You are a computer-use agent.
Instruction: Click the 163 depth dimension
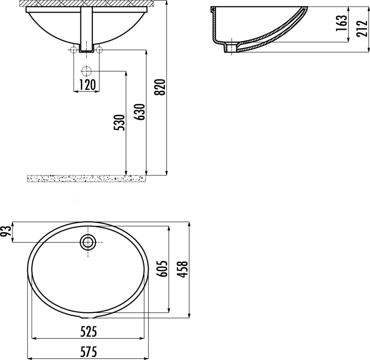(x=340, y=23)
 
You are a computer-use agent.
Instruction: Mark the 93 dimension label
(x=7, y=232)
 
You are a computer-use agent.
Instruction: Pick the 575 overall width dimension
(x=88, y=352)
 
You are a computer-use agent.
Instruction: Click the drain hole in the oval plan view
(x=88, y=242)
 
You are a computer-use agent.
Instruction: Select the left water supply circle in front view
(x=74, y=50)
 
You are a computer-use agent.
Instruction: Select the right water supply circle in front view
(x=100, y=50)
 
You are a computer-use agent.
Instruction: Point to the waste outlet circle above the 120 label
(x=87, y=71)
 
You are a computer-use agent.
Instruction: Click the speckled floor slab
(x=86, y=178)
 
